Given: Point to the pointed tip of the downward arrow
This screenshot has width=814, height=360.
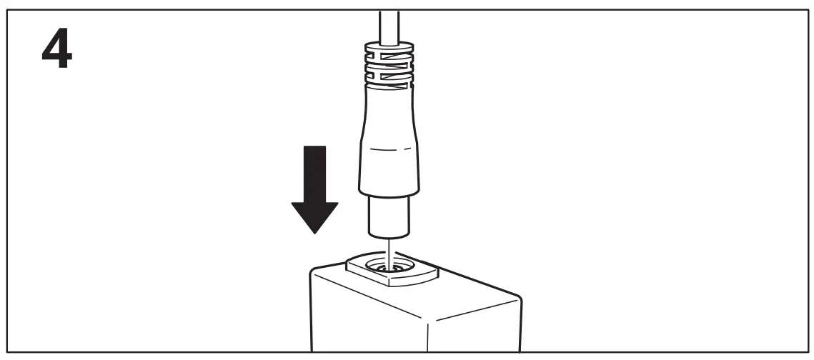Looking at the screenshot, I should (314, 233).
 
